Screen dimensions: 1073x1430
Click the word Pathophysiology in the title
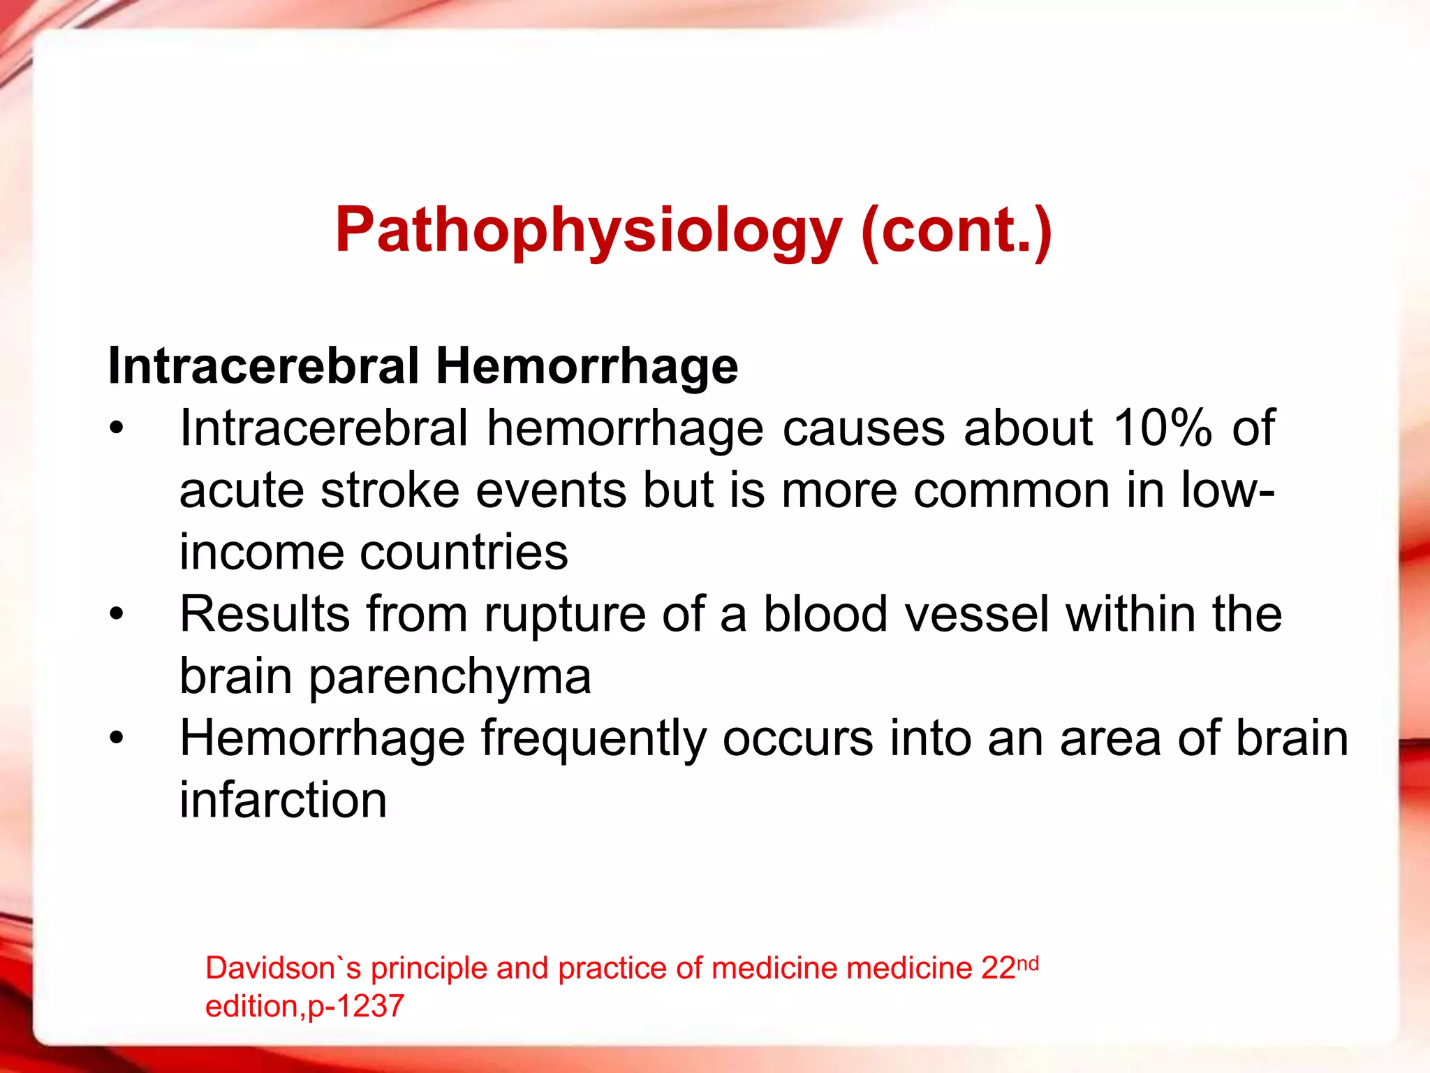click(x=589, y=231)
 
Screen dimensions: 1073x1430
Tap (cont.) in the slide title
click(x=957, y=231)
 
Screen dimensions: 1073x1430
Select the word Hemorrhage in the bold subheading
click(x=587, y=366)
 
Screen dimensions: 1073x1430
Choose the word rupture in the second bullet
click(x=565, y=614)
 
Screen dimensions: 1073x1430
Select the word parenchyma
click(x=450, y=676)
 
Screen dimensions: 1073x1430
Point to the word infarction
click(x=283, y=800)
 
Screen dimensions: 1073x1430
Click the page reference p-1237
click(x=355, y=1006)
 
